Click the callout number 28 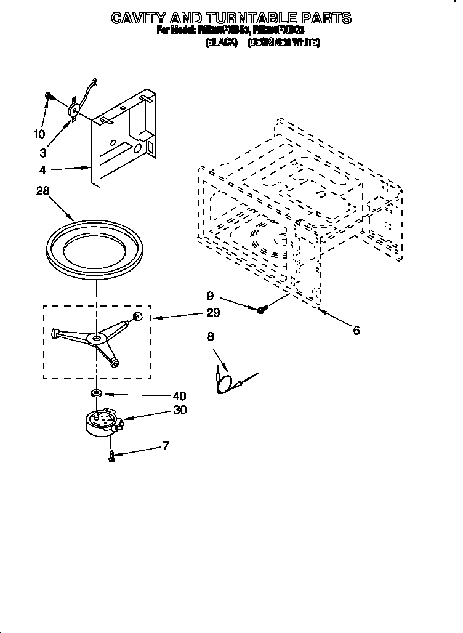(42, 192)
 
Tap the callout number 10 (39, 133)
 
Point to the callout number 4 (42, 170)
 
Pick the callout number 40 (179, 396)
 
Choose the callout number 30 (179, 410)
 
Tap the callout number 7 (165, 446)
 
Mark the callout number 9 (210, 295)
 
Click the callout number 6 (356, 330)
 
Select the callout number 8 (211, 336)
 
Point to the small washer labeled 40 (97, 392)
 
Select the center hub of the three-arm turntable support (97, 337)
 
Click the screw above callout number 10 (49, 96)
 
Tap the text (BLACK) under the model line (221, 43)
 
